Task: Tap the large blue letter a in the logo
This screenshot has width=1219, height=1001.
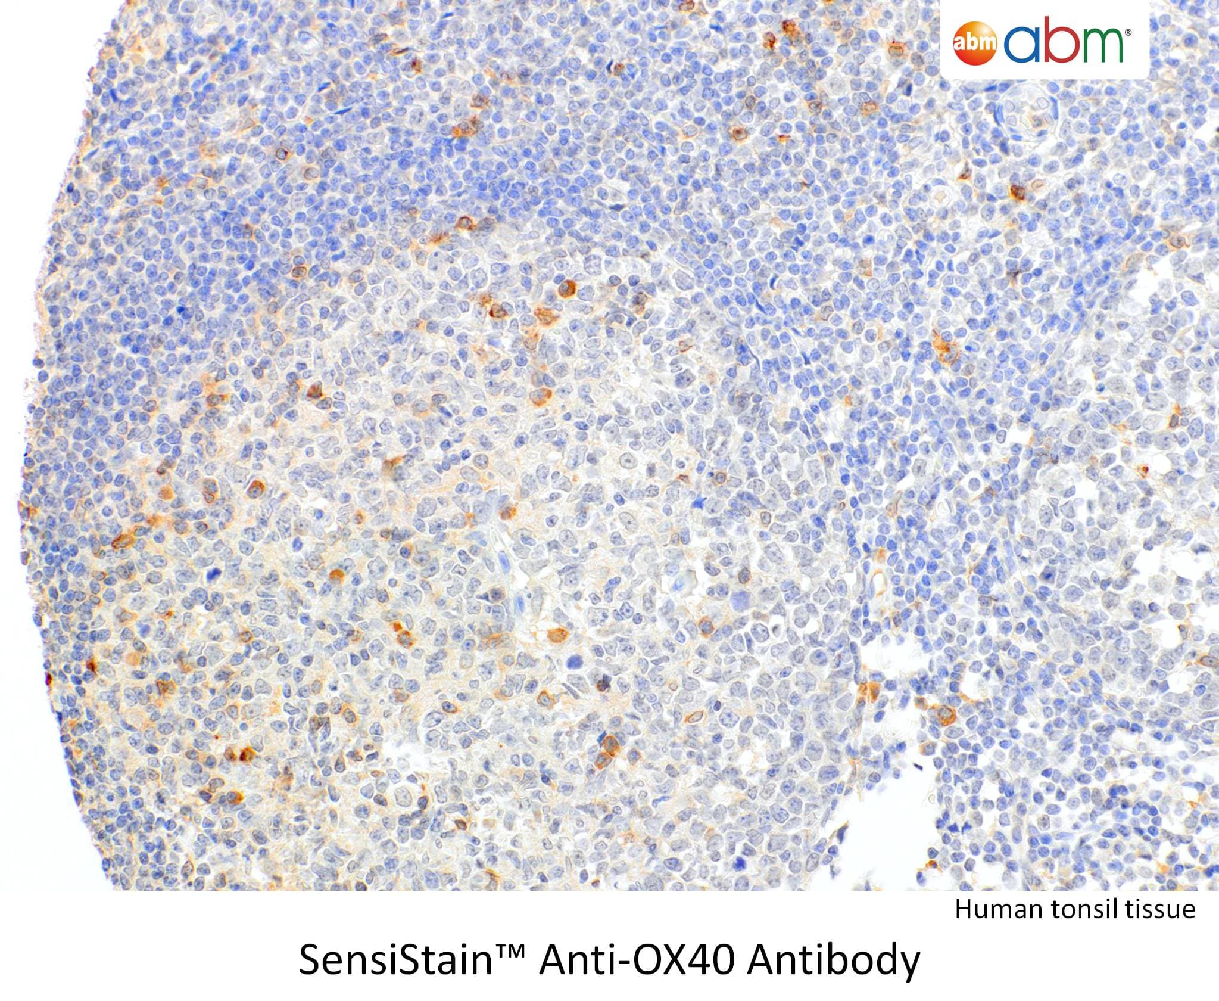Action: click(x=1022, y=45)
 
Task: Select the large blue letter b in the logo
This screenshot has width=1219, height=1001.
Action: click(x=1061, y=39)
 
